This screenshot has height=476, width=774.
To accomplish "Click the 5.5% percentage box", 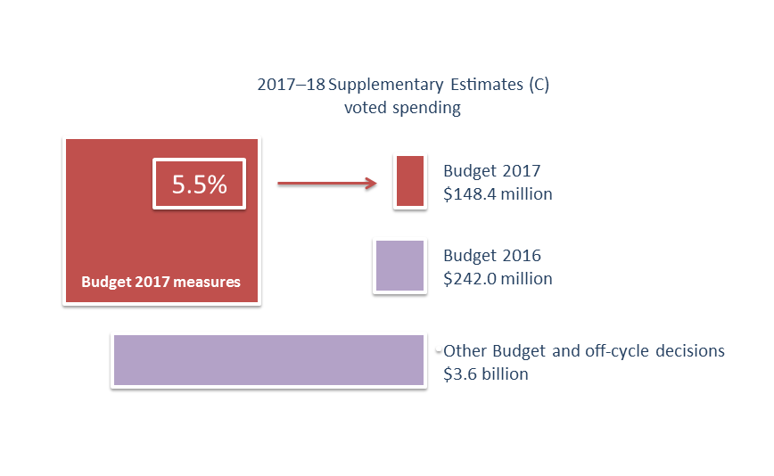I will point(199,185).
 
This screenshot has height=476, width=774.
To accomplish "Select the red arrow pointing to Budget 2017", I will point(325,185).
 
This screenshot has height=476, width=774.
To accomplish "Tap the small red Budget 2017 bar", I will point(409,182).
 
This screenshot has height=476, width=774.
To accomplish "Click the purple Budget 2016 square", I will point(399,266).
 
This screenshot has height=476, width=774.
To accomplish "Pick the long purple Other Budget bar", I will point(268,360).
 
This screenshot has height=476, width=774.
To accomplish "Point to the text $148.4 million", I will point(498,194).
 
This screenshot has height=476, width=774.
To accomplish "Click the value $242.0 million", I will point(498,279).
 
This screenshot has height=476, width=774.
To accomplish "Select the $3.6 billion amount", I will point(485,374).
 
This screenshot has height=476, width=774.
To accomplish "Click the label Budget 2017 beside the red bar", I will point(491,171).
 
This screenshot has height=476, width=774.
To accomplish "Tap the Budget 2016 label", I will point(491,257).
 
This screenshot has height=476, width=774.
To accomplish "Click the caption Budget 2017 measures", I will point(161,283).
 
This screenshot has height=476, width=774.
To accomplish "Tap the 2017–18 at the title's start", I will point(291,86).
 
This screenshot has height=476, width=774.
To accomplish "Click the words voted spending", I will point(402,109).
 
